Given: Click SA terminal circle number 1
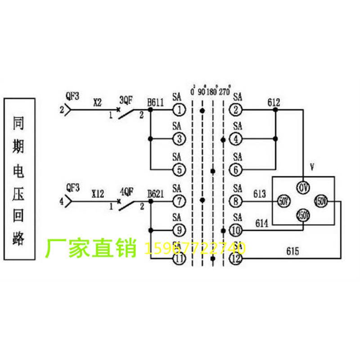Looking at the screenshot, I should pyautogui.click(x=179, y=109).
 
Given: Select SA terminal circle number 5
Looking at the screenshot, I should pyautogui.click(x=179, y=170).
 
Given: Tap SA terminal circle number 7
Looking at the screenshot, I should pyautogui.click(x=179, y=200).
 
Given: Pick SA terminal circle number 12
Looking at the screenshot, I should pyautogui.click(x=236, y=259).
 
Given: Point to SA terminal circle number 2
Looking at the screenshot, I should pyautogui.click(x=236, y=109).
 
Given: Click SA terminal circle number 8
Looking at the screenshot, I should pyautogui.click(x=236, y=200).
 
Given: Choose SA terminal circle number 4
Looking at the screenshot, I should pyautogui.click(x=236, y=139).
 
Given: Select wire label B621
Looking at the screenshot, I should pyautogui.click(x=156, y=194).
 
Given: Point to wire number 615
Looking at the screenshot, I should pyautogui.click(x=292, y=251).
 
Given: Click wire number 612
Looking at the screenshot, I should pyautogui.click(x=274, y=102).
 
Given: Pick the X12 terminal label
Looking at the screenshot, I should pyautogui.click(x=98, y=194).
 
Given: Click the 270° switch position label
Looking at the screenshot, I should pyautogui.click(x=225, y=91).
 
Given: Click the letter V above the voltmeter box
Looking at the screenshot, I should pyautogui.click(x=312, y=168).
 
